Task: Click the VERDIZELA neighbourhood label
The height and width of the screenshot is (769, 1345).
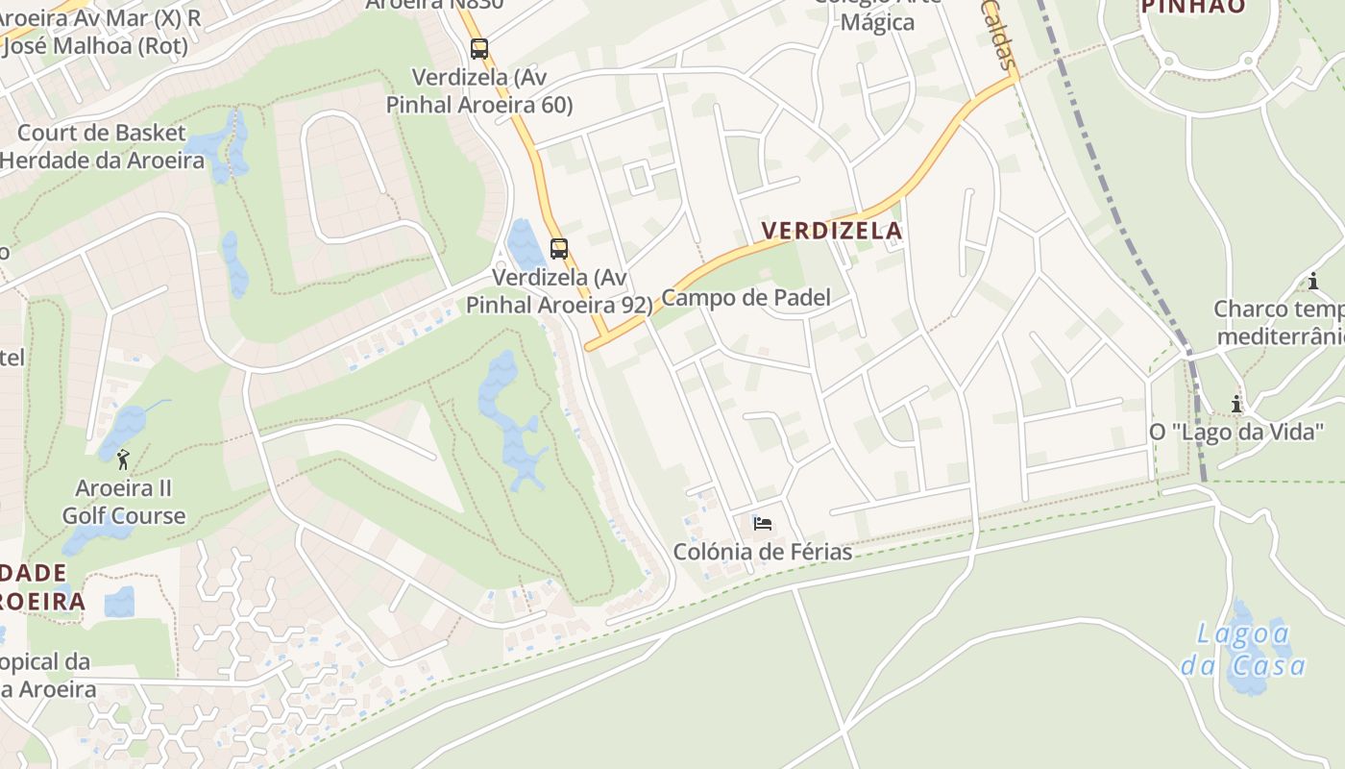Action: click(832, 231)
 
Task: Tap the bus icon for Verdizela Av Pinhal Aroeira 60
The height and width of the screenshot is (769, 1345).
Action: click(479, 48)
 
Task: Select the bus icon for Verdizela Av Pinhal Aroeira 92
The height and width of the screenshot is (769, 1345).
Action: click(559, 249)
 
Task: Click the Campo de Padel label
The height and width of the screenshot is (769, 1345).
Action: click(746, 298)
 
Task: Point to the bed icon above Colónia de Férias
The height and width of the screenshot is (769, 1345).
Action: click(763, 524)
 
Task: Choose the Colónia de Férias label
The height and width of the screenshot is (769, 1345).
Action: click(763, 552)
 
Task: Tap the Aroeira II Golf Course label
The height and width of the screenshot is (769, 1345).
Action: click(124, 502)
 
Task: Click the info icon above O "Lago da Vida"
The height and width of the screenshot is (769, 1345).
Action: click(1236, 404)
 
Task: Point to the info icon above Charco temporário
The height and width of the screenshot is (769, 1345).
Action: click(1313, 281)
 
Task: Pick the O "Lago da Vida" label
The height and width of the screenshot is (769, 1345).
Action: click(1236, 432)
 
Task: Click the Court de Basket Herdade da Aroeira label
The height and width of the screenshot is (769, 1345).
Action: click(102, 146)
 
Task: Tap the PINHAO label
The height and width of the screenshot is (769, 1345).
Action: click(1193, 7)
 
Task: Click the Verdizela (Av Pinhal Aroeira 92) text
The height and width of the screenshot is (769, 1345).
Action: click(559, 291)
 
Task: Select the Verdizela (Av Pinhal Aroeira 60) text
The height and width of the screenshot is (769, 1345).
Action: click(479, 90)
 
